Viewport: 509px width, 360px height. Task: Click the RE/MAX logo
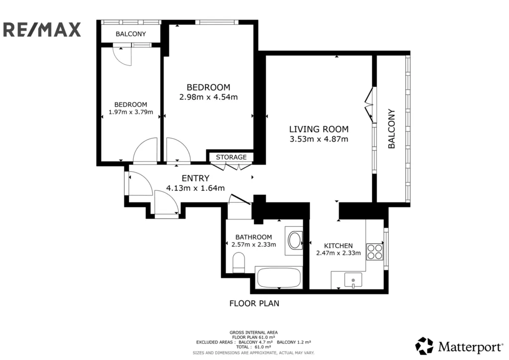[x=42, y=29]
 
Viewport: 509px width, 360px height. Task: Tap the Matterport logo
[x=459, y=346]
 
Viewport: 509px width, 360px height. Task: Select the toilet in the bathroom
[x=239, y=263]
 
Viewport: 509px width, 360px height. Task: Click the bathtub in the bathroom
[x=279, y=277]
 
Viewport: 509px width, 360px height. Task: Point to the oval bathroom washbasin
[x=295, y=240]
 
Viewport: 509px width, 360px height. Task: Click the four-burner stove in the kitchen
[x=375, y=252]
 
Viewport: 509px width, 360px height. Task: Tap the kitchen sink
[x=353, y=280]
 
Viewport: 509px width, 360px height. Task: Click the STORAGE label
[x=231, y=157]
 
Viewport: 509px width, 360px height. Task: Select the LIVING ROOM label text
[x=319, y=129]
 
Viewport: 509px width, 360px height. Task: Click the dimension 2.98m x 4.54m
[x=208, y=97]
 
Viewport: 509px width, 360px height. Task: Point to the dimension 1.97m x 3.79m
[x=131, y=112]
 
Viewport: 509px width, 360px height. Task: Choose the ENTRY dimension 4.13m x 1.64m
[x=195, y=188]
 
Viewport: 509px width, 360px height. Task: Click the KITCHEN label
[x=338, y=246]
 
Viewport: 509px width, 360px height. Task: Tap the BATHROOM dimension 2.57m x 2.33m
[x=254, y=245]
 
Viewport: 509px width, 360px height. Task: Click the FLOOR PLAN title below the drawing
[x=254, y=303]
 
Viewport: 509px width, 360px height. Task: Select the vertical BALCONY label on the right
[x=392, y=129]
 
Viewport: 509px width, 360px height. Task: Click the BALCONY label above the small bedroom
[x=131, y=34]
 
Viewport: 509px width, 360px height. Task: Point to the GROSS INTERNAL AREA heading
[x=254, y=333]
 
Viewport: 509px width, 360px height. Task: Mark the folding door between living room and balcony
[x=370, y=104]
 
